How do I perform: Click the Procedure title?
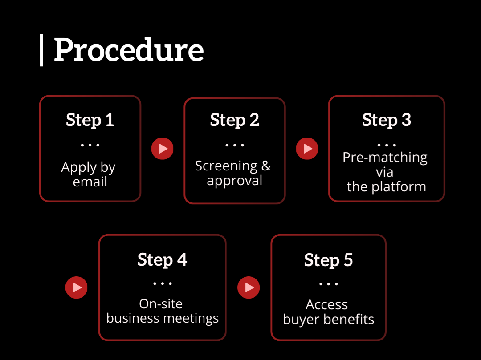(129, 50)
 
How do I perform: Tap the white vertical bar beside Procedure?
(41, 50)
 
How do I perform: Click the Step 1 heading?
(90, 120)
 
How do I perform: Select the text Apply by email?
(89, 174)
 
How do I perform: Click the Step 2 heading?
(234, 120)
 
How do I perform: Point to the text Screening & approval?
(233, 173)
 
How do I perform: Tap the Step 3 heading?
(386, 120)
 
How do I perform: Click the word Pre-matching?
(385, 158)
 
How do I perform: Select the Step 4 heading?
(162, 259)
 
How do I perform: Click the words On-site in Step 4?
(161, 304)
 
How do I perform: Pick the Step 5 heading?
(328, 260)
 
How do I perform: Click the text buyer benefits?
(329, 320)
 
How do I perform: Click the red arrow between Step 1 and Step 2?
(162, 149)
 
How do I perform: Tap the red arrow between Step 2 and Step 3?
(307, 149)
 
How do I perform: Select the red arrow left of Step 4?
(77, 287)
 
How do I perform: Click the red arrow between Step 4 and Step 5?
(249, 287)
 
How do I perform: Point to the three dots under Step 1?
(90, 145)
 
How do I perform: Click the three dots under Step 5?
(329, 284)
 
